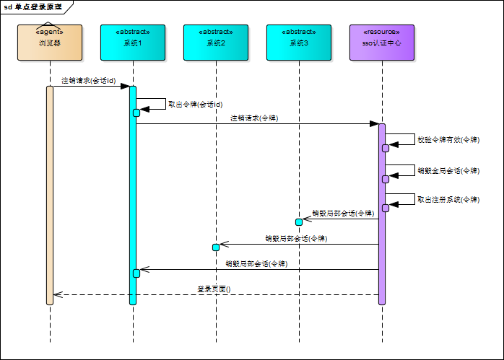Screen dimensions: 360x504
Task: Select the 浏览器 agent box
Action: (50, 43)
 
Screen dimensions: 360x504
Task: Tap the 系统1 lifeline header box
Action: (133, 43)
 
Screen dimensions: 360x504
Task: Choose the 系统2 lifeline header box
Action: (215, 43)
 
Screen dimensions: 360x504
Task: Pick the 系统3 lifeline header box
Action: (298, 43)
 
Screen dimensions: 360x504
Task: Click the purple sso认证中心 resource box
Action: (381, 43)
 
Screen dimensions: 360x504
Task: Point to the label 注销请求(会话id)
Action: (88, 80)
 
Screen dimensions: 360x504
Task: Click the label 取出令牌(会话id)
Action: (195, 104)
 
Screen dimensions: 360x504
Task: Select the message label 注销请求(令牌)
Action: (254, 118)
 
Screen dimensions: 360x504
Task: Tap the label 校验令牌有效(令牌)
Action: (448, 139)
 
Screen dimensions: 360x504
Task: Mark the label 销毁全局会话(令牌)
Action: (448, 171)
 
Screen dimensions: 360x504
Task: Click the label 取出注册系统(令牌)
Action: (448, 199)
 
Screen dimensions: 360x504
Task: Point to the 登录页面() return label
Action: (214, 289)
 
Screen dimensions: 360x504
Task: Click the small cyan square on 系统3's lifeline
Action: (298, 221)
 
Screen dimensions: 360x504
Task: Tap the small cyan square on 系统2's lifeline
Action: (215, 247)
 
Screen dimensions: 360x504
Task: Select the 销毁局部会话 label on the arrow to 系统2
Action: (296, 238)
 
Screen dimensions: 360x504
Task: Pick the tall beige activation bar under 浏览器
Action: (50, 195)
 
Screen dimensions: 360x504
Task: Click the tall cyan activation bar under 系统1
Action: (133, 195)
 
